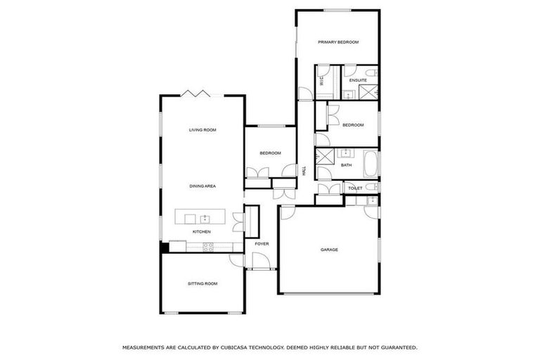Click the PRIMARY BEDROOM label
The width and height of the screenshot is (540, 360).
(x=338, y=42)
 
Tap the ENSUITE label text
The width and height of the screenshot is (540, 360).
(x=358, y=81)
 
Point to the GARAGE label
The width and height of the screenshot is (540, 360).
(x=329, y=250)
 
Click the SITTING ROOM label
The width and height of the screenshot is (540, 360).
(x=202, y=283)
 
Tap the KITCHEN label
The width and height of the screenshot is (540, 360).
(x=202, y=231)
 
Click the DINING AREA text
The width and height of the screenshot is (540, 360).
(x=202, y=186)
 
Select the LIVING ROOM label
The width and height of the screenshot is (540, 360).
(x=202, y=130)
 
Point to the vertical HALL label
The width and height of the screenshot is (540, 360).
(x=304, y=170)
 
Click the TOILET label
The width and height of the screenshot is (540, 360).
(x=354, y=188)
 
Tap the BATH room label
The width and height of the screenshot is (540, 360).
(x=347, y=165)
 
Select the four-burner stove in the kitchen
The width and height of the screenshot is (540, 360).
(x=209, y=245)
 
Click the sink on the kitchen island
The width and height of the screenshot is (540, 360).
(x=205, y=217)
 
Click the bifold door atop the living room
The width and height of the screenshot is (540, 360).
(x=192, y=94)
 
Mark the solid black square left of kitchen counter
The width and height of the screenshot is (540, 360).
(x=165, y=246)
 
